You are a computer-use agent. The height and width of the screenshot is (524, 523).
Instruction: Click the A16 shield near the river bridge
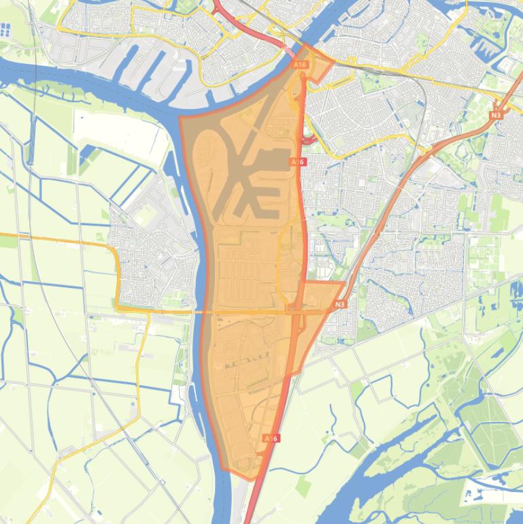tap(300, 64)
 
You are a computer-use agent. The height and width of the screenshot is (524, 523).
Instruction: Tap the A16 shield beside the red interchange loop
tap(297, 162)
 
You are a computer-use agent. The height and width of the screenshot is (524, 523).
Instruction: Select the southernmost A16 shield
tap(270, 438)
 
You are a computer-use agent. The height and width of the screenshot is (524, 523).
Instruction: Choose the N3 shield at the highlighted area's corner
tap(340, 304)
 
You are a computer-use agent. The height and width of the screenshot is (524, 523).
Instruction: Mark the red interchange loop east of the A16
tap(308, 140)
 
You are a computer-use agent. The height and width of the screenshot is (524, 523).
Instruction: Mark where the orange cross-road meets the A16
tap(297, 311)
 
